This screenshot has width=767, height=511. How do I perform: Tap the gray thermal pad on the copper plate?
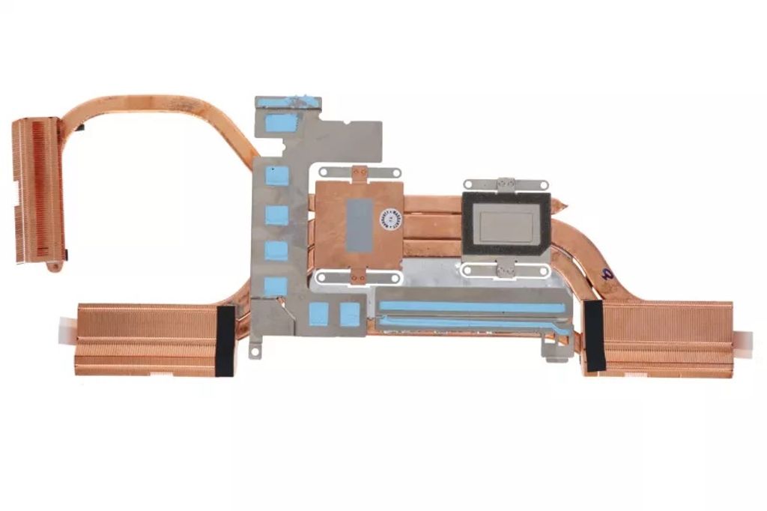point(360,224)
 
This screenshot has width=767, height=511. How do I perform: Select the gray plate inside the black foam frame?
point(506,223)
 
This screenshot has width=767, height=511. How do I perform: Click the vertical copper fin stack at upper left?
point(36,190)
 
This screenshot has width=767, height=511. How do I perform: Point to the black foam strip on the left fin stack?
point(225,340)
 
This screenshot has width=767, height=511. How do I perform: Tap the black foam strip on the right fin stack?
point(595,336)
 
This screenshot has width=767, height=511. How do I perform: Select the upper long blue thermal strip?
point(472,306)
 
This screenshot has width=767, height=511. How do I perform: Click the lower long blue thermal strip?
point(472,323)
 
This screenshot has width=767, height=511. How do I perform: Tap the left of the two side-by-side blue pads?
point(318,314)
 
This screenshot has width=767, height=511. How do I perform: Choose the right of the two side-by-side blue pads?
point(350,314)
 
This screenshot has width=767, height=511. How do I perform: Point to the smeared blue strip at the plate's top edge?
point(292,102)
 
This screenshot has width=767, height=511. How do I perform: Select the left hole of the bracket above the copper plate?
point(323,172)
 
